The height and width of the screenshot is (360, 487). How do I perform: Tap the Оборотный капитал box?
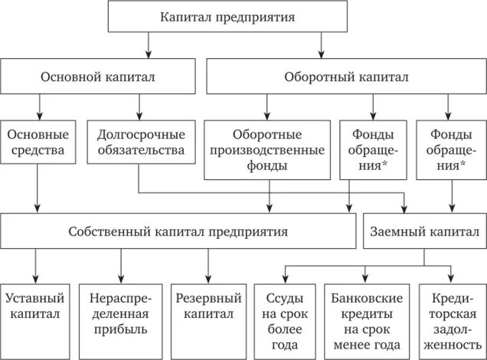coord(346,77)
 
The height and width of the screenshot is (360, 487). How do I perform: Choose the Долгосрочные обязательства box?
coord(141,142)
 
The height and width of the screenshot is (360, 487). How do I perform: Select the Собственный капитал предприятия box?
coord(178,231)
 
